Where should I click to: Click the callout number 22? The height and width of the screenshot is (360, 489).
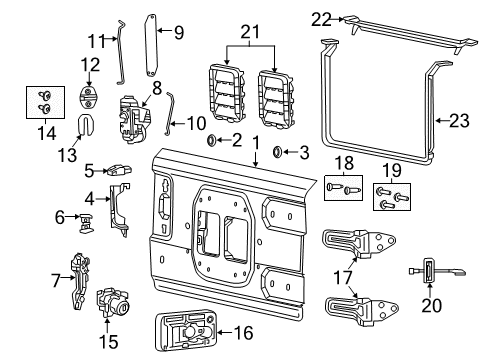pyautogui.click(x=321, y=18)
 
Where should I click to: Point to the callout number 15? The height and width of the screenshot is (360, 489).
pyautogui.click(x=107, y=342)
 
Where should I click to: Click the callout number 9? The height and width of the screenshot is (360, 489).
pyautogui.click(x=178, y=32)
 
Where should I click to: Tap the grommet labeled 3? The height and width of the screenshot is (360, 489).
pyautogui.click(x=277, y=153)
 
